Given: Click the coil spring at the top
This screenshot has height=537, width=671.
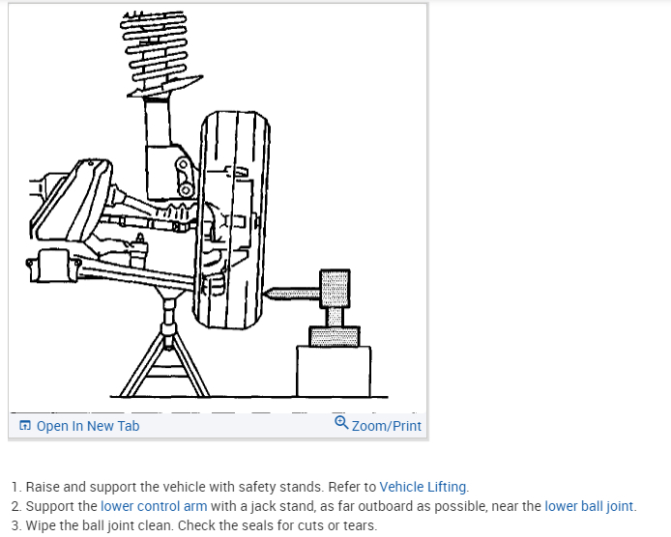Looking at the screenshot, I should click(x=154, y=52).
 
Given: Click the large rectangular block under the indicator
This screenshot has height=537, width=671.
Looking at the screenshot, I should click(x=333, y=371).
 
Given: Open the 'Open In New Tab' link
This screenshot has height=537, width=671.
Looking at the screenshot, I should click(x=88, y=426).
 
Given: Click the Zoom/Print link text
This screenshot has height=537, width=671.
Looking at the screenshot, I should click(x=387, y=426).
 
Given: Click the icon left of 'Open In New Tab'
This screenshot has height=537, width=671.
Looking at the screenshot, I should click(x=25, y=426).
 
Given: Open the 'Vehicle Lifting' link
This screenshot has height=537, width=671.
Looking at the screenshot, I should click(x=423, y=487).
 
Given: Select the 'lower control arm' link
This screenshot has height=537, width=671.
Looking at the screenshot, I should click(x=154, y=506).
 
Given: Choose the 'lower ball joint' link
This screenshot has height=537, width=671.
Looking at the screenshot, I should click(x=589, y=506).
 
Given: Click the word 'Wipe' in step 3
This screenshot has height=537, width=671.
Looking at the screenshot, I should click(x=43, y=525).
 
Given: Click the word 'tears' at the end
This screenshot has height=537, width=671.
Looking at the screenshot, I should click(x=357, y=525).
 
